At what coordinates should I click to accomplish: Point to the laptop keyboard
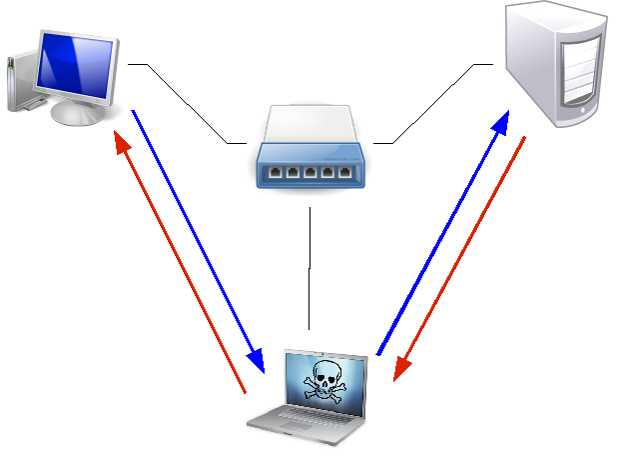click(x=315, y=419)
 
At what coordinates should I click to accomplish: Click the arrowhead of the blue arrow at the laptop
click(x=257, y=363)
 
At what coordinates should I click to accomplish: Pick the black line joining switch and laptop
click(x=311, y=265)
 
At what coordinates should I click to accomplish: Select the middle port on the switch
click(x=310, y=173)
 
